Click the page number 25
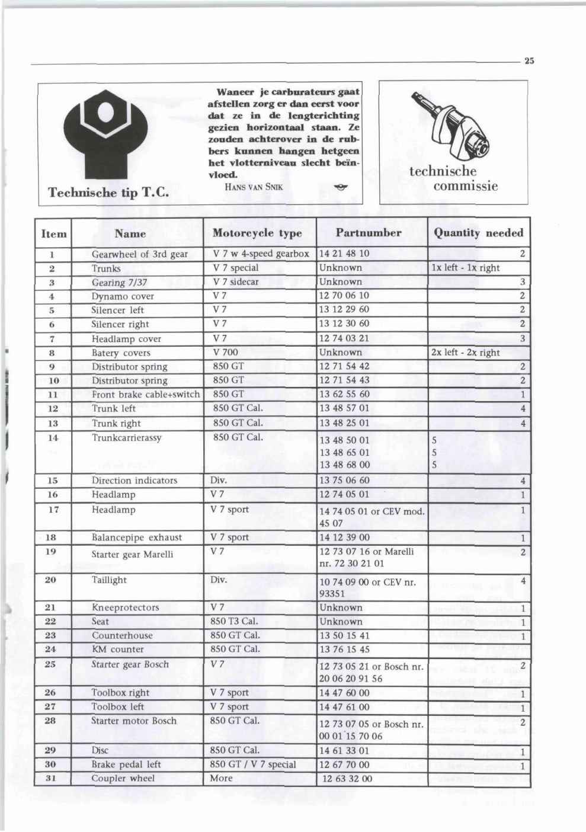click(529, 60)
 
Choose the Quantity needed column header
click(478, 233)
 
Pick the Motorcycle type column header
click(257, 233)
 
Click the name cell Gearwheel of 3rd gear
click(139, 254)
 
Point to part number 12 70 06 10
click(344, 296)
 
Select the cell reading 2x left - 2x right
click(465, 353)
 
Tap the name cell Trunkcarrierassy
click(126, 438)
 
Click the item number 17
click(52, 510)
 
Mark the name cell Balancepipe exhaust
click(136, 537)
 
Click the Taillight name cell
click(109, 580)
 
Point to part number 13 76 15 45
click(344, 649)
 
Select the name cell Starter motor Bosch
click(134, 721)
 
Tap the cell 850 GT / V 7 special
click(253, 764)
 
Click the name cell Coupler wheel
click(123, 779)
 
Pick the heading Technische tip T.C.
click(108, 193)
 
